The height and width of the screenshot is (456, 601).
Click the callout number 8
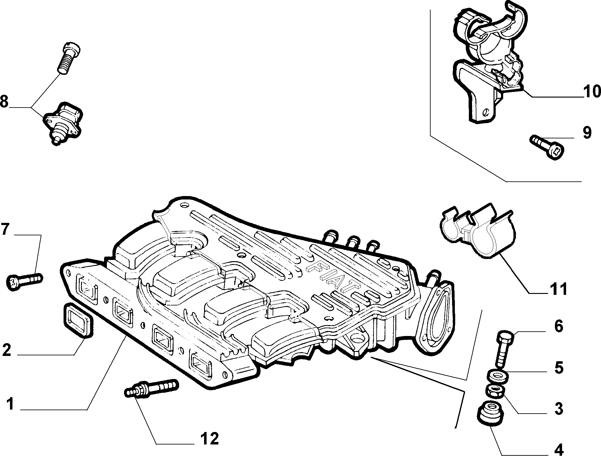point(4,93)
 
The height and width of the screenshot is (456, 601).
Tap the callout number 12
point(210,439)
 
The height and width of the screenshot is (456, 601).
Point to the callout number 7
point(5,229)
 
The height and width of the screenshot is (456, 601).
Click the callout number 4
point(559,449)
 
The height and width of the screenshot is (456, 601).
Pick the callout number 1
point(10,404)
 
